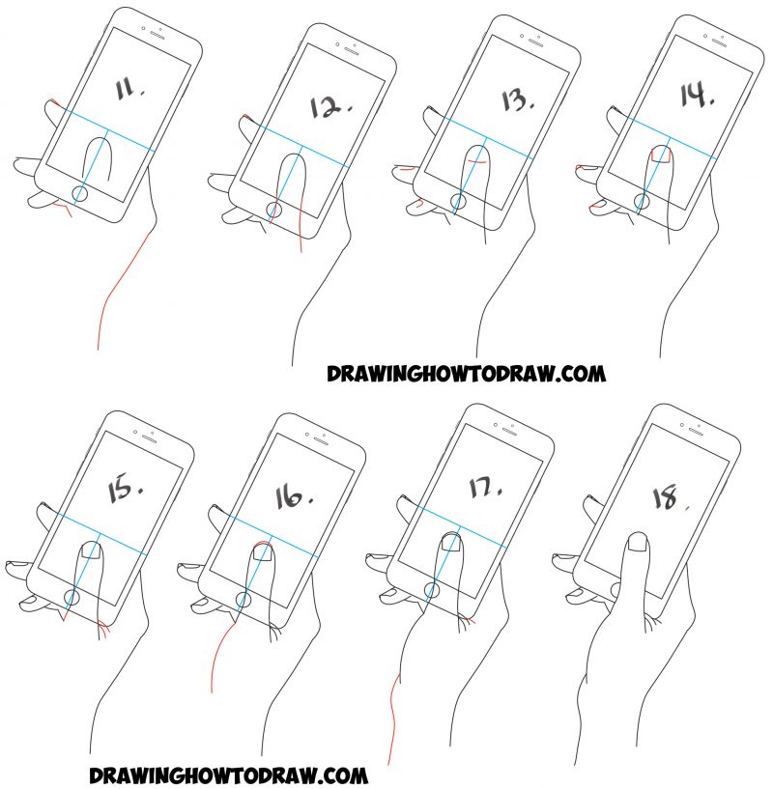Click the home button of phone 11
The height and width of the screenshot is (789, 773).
pos(80,194)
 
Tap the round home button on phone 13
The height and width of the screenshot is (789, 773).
pos(457,203)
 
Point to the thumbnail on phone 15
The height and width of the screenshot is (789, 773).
pos(90,550)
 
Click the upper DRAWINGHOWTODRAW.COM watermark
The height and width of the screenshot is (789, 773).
pos(465,373)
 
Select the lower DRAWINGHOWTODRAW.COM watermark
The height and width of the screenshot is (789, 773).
pos(228,774)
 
